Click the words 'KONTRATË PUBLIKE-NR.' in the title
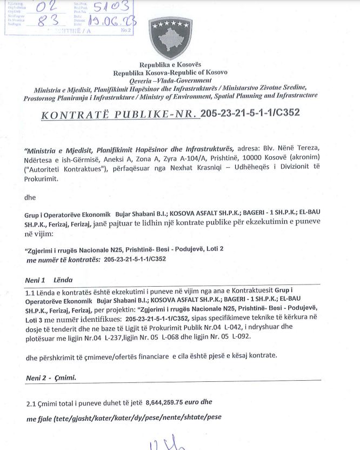tap(119, 114)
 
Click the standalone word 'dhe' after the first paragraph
tap(30, 198)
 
